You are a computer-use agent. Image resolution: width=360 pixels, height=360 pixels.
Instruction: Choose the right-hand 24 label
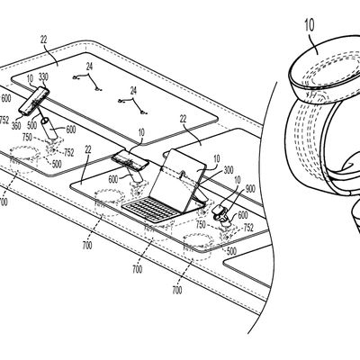[132, 91]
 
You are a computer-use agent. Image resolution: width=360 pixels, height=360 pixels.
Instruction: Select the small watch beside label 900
[220, 216]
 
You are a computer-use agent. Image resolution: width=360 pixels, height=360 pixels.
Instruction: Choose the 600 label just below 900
[242, 215]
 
